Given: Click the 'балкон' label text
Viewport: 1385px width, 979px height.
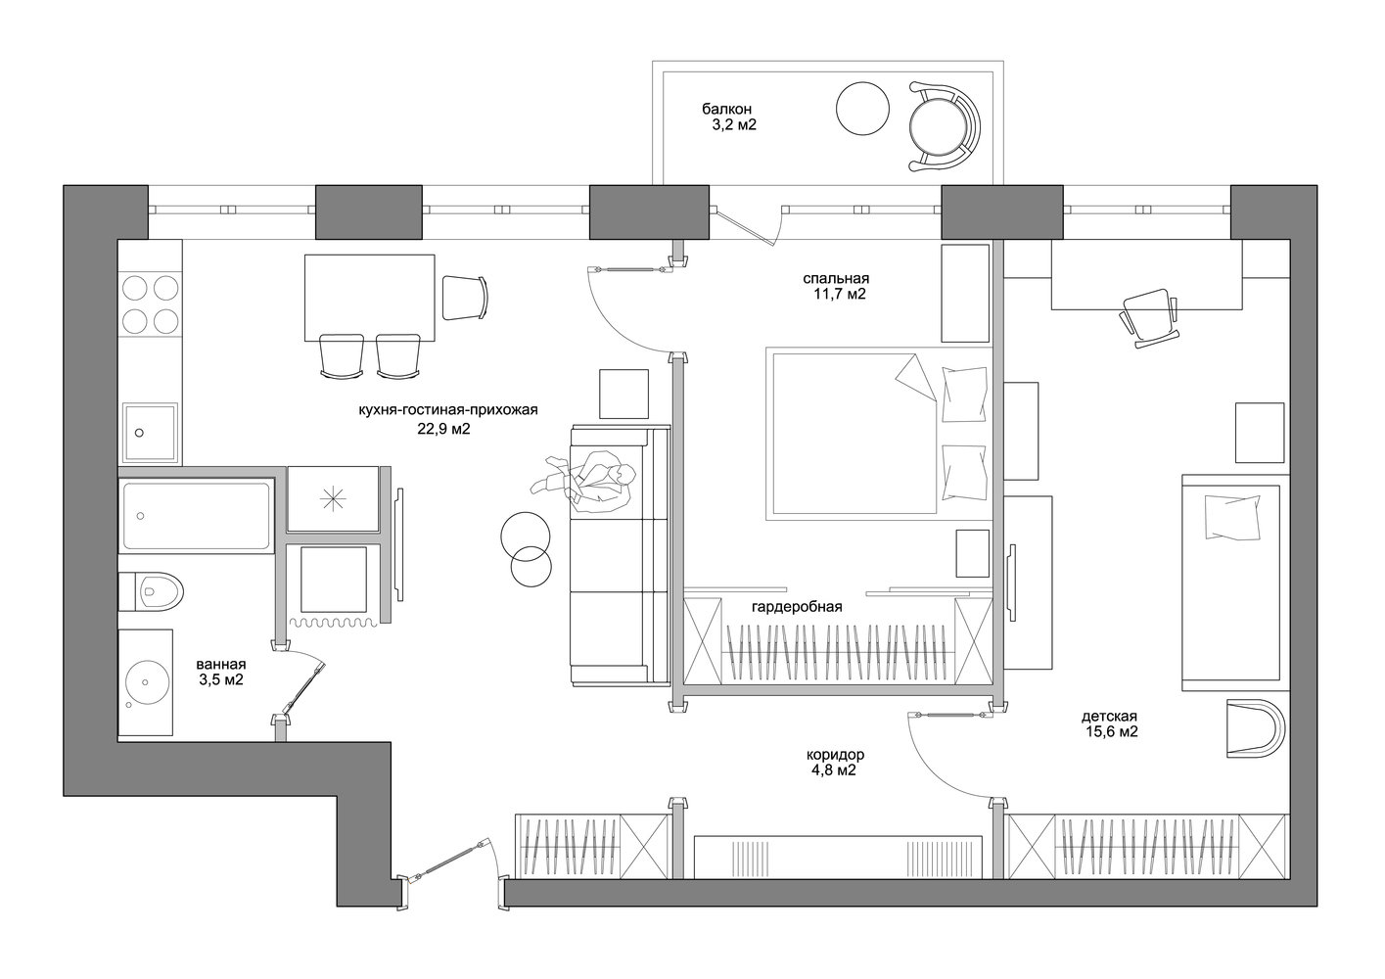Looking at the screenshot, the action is (x=726, y=110).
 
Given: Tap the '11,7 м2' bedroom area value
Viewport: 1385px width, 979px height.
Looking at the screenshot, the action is (x=840, y=295).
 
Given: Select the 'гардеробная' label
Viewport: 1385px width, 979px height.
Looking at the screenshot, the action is (x=797, y=607).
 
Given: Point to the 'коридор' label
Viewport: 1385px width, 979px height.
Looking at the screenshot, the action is (x=835, y=755).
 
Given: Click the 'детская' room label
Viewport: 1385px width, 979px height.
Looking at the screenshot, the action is (x=1109, y=717).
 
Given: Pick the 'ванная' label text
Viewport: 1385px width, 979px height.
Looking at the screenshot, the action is (x=221, y=665).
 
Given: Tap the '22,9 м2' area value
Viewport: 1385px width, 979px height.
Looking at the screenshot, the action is (x=444, y=429).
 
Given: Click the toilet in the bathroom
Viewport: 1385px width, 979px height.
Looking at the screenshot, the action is (x=151, y=591).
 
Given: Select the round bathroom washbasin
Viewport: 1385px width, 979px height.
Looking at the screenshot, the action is (x=146, y=682).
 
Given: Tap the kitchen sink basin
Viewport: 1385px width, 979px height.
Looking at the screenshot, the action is (x=151, y=433).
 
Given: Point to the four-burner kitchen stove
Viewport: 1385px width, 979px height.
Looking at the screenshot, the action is (x=151, y=303).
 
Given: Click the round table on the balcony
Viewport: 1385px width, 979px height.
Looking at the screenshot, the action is (x=862, y=109).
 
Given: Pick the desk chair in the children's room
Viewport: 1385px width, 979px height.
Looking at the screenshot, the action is (x=1149, y=318).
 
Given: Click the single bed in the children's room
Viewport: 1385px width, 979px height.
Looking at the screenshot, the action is (x=1234, y=583).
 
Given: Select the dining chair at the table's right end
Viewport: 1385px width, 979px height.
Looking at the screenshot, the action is (x=465, y=298).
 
